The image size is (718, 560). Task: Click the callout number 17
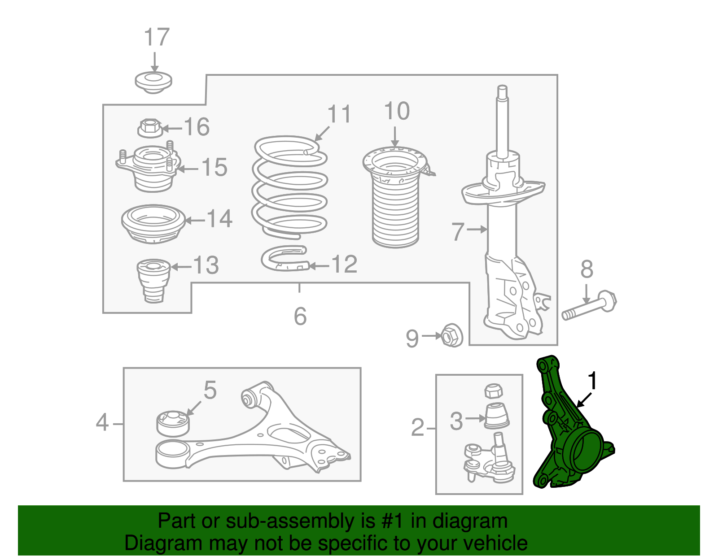point(157,37)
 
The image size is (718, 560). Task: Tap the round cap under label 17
point(153,82)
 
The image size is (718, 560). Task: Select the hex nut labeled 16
point(150,128)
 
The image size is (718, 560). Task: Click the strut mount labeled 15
point(149,169)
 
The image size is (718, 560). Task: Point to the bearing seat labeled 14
point(153,224)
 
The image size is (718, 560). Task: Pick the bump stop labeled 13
point(153,281)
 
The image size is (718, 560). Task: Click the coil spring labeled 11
point(289,187)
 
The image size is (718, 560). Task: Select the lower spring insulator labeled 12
point(285,258)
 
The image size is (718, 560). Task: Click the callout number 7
point(458,232)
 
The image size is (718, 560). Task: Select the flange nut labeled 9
point(452,335)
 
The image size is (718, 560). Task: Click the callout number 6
point(300,316)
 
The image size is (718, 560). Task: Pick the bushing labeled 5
point(173,424)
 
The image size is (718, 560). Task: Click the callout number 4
point(102,422)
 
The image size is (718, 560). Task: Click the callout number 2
point(418,428)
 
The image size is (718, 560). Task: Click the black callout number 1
point(593,381)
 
